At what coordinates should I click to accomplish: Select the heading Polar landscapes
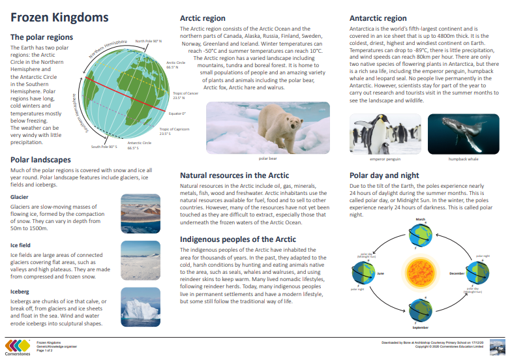(x=41, y=159)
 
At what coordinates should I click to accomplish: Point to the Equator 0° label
(x=176, y=113)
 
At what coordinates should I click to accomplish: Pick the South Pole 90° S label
(x=104, y=147)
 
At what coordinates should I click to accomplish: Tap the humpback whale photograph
(x=464, y=133)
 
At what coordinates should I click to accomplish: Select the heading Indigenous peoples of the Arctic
(x=237, y=239)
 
